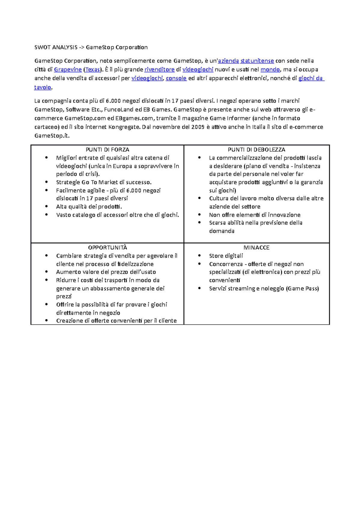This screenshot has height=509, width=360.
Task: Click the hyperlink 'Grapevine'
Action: coord(68,70)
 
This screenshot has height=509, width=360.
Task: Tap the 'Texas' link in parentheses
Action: coord(92,70)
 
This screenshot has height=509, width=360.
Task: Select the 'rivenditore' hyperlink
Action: coord(159,70)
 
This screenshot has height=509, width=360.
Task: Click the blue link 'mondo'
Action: coord(270,70)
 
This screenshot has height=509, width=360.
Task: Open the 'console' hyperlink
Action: coord(176,78)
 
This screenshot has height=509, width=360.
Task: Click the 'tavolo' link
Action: coord(43,87)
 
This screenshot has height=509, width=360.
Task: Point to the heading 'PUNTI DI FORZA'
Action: coord(107,150)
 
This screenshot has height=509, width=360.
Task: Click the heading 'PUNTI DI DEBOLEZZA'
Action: coord(256,150)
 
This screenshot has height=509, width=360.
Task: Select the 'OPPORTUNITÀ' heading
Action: coord(107,248)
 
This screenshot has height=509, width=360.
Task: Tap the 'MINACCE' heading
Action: coord(256,248)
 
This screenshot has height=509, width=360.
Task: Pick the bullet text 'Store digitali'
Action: coord(226,256)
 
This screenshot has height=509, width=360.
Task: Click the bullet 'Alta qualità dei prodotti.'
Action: coord(89,207)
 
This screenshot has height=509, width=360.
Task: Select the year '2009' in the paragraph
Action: coord(198,127)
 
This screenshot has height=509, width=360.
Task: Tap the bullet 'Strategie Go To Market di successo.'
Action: coord(104,182)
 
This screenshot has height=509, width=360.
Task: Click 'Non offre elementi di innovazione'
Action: coord(255,215)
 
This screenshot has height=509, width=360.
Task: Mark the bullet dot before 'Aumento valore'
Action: coord(46,272)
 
